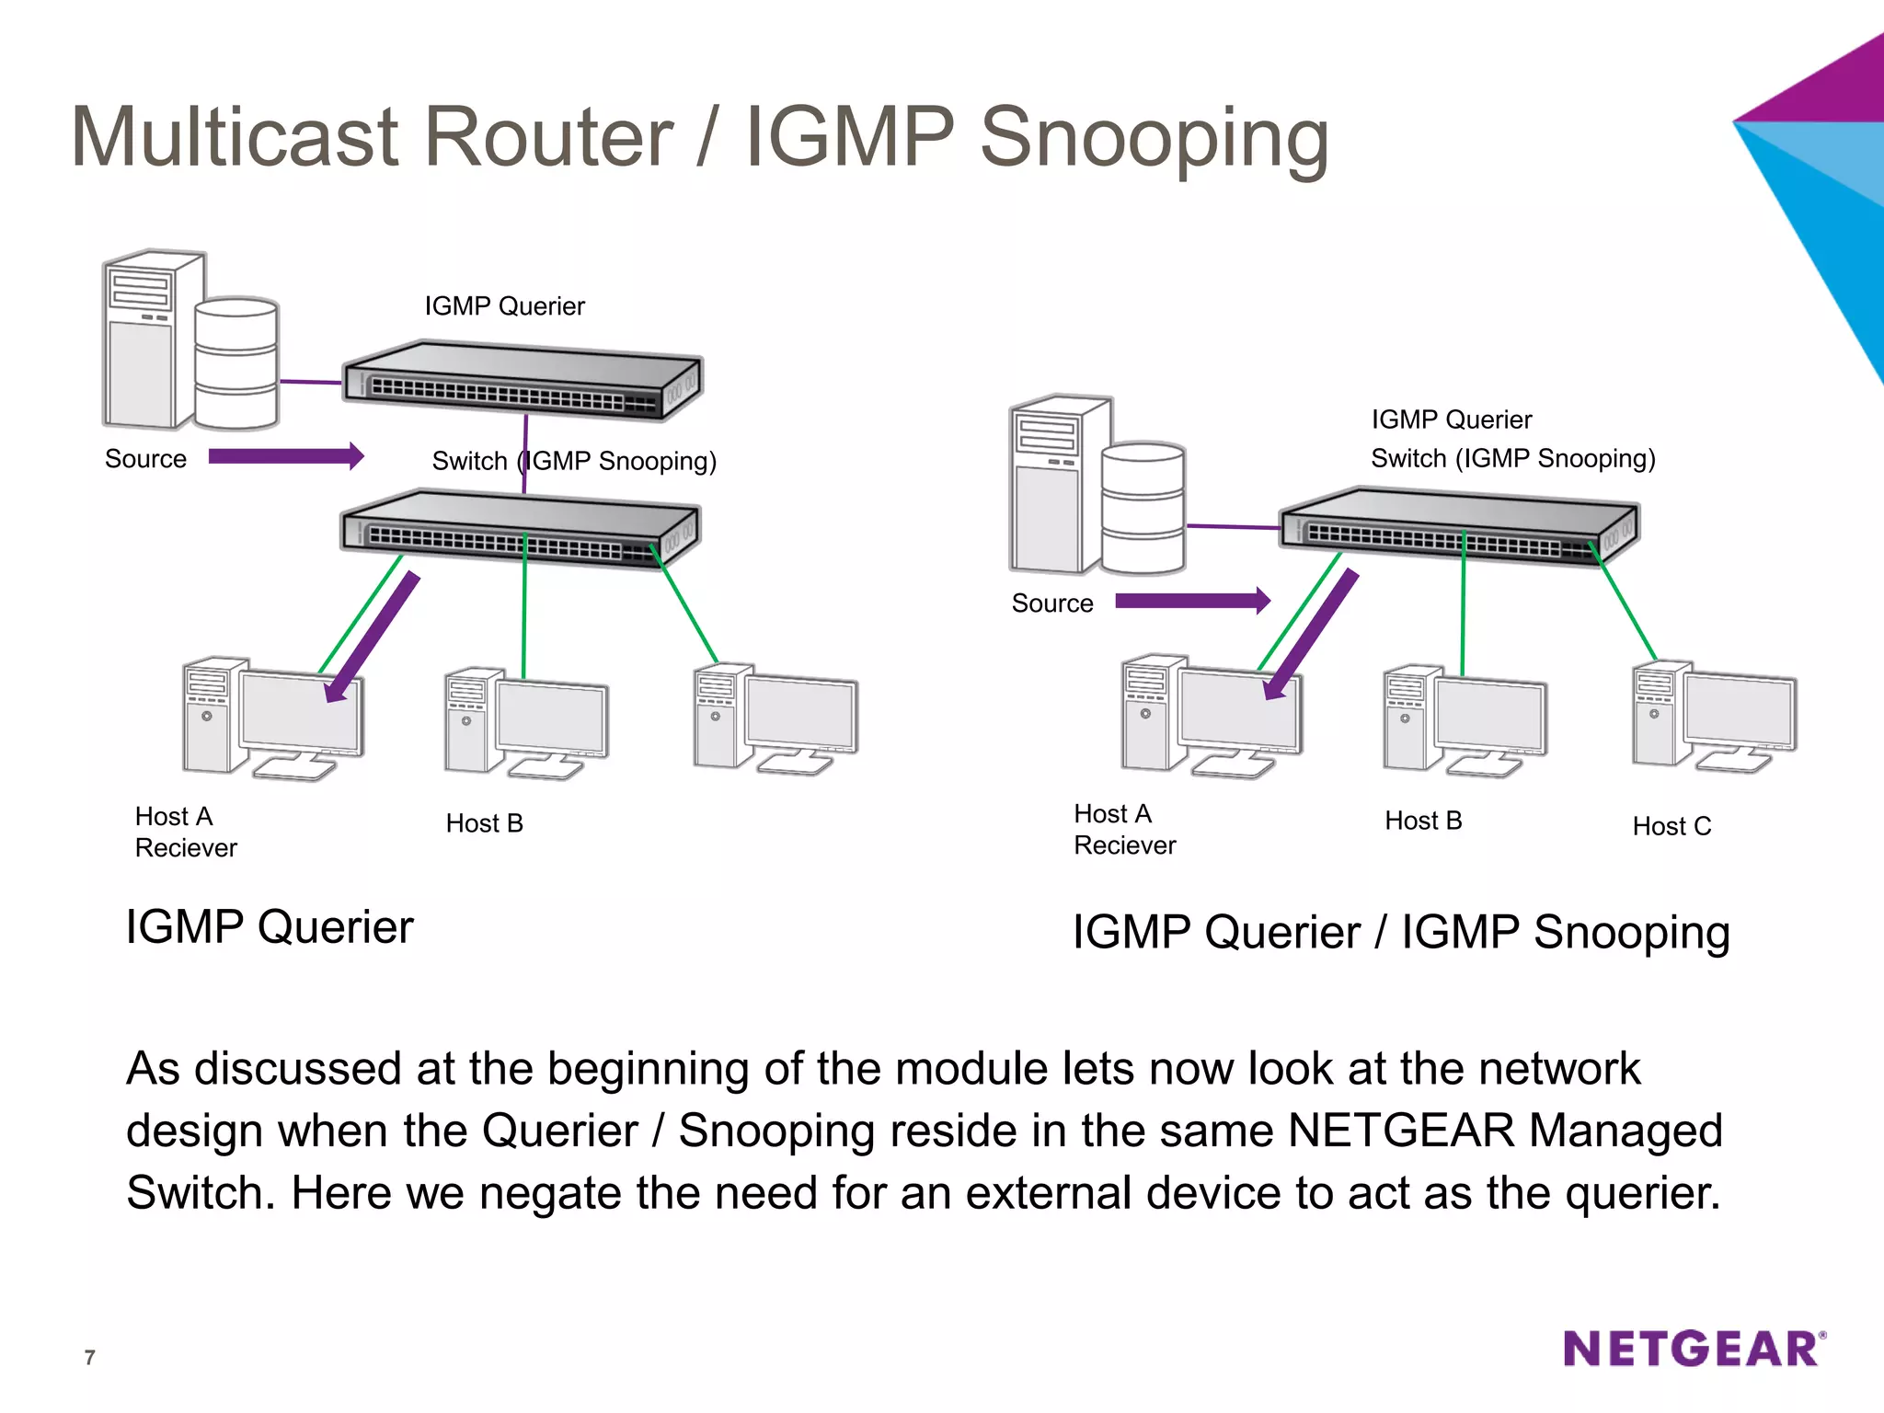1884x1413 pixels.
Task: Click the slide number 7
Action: click(89, 1357)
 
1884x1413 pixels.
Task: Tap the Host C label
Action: click(1671, 826)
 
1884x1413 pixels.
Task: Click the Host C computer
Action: click(1714, 717)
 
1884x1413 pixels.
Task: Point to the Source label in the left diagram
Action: click(145, 458)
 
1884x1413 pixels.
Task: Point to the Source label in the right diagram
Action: click(1052, 603)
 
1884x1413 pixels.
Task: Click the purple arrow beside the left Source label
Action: click(286, 456)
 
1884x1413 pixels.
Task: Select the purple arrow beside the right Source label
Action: click(1192, 601)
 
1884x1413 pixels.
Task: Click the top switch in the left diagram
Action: click(522, 380)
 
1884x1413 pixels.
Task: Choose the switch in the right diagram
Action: click(1459, 527)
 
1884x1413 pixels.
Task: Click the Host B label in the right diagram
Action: click(1423, 820)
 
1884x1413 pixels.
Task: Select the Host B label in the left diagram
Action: click(484, 822)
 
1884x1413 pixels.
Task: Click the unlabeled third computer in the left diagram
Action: click(775, 718)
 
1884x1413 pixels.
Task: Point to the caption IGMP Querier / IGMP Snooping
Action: click(1400, 932)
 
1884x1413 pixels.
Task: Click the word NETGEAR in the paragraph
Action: click(1400, 1130)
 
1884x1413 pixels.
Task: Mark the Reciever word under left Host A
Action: click(186, 847)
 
